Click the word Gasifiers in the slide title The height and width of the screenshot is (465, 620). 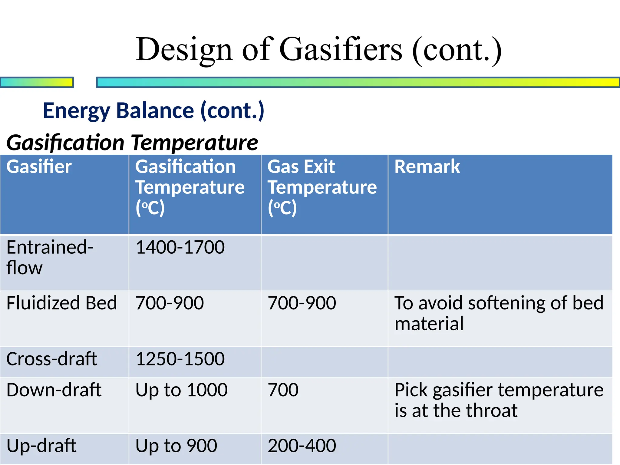(x=341, y=49)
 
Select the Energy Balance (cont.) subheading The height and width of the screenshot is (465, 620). (x=153, y=111)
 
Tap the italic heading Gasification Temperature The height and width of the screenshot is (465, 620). (x=132, y=143)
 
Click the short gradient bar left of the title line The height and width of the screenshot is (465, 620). (x=37, y=82)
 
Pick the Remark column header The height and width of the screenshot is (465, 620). (x=427, y=167)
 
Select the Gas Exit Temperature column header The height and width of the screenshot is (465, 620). (x=322, y=187)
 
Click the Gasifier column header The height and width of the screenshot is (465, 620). (x=39, y=167)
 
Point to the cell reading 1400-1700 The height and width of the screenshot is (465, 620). (x=180, y=247)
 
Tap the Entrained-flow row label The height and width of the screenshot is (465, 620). (x=49, y=257)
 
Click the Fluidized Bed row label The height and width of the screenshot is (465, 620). (x=61, y=303)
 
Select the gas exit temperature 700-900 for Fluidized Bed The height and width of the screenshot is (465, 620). (x=302, y=303)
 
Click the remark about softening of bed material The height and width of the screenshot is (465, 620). (x=499, y=313)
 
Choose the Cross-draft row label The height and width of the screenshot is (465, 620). (x=52, y=359)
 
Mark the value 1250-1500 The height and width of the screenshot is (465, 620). (x=180, y=359)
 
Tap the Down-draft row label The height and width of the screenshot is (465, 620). (x=54, y=390)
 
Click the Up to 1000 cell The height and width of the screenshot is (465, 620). (x=181, y=390)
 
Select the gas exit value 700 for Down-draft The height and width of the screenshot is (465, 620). (x=283, y=390)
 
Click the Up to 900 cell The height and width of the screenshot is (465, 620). (x=176, y=446)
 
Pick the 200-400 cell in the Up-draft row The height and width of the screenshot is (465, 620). (x=302, y=446)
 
